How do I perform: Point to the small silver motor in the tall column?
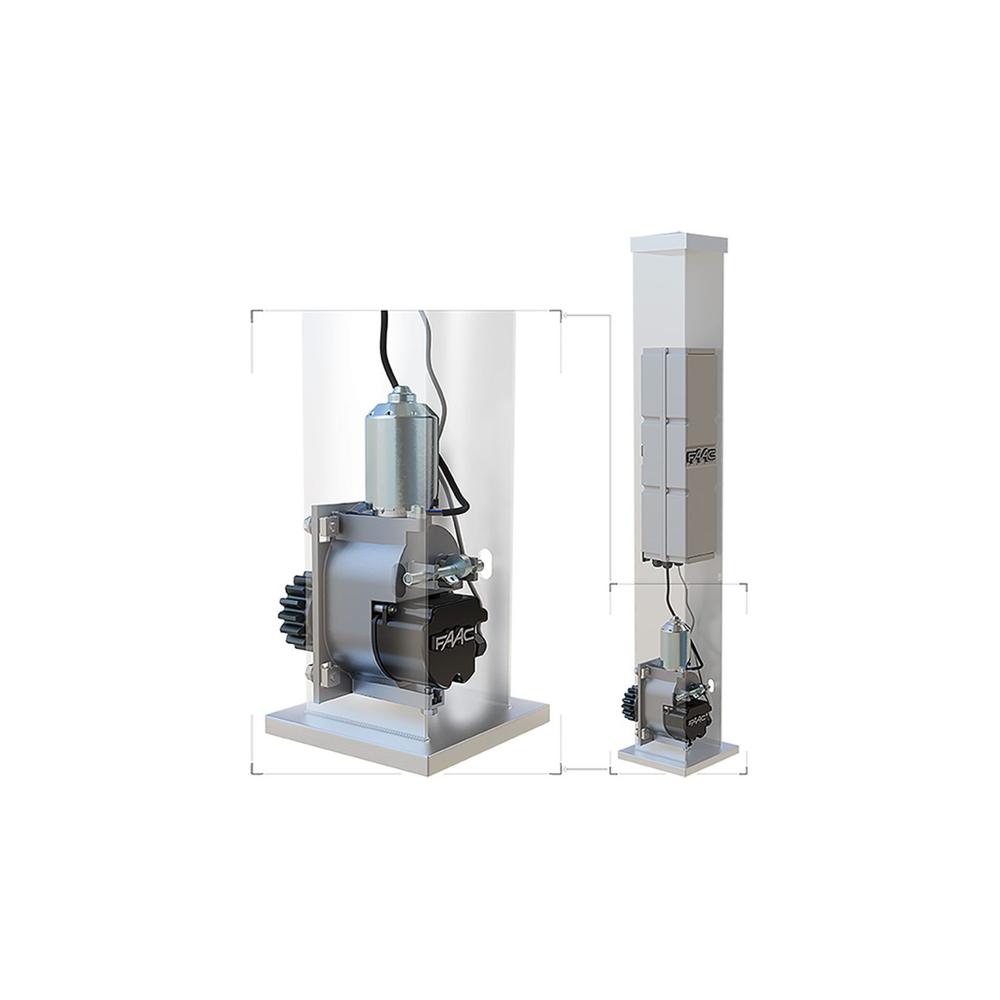[674, 641]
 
